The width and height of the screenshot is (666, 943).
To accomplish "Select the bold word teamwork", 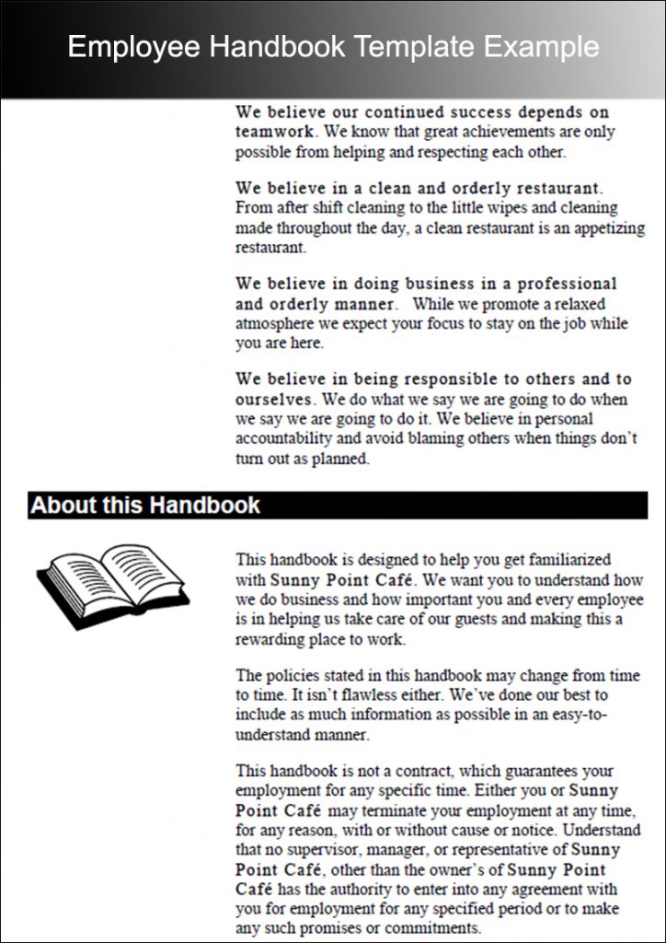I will click(x=272, y=132).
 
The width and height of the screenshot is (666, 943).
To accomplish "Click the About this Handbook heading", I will click(x=145, y=506).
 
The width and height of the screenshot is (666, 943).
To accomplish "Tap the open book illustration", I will click(x=112, y=585).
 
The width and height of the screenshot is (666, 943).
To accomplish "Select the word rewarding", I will click(x=271, y=639).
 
